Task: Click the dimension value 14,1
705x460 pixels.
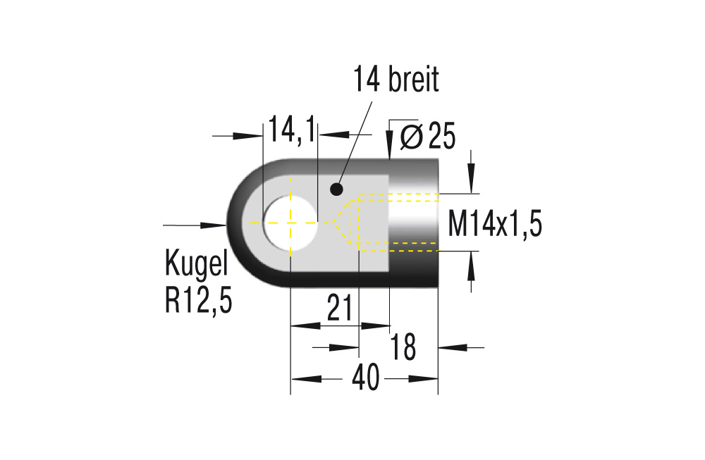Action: click(x=291, y=132)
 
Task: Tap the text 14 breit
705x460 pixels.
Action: click(x=396, y=80)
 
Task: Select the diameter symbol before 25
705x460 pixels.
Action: click(x=411, y=136)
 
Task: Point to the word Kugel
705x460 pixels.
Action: click(x=197, y=263)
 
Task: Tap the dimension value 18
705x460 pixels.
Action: click(x=404, y=347)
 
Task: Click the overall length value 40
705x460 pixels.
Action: click(x=365, y=379)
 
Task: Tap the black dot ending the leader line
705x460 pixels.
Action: click(x=336, y=189)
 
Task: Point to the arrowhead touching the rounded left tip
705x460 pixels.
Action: click(x=214, y=225)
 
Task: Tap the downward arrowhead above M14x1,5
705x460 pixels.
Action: click(x=471, y=179)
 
